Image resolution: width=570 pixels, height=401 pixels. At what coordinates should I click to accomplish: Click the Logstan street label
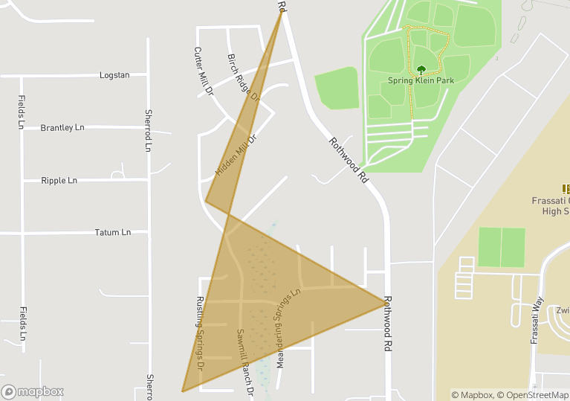point(114,75)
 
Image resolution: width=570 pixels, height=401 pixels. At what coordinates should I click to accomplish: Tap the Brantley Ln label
point(62,128)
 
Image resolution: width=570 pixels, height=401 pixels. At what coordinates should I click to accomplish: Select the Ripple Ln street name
point(59,181)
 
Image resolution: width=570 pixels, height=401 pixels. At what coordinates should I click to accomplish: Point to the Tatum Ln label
point(113,233)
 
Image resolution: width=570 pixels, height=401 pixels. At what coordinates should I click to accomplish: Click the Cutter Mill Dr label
point(203,72)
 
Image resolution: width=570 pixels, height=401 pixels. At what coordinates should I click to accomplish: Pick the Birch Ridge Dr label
point(243,77)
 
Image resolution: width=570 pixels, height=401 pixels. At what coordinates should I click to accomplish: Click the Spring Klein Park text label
point(421,80)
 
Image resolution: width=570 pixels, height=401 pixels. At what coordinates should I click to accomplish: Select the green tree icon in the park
point(421,70)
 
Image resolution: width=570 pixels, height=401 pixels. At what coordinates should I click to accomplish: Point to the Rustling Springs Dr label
point(200,334)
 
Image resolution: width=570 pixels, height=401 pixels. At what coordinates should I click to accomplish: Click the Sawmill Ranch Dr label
point(245,362)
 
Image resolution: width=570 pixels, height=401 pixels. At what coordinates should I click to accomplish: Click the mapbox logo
point(33,391)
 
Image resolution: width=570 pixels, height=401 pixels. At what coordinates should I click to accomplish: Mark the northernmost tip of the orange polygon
point(282,11)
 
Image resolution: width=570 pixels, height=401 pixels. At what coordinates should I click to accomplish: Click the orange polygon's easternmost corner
point(386,302)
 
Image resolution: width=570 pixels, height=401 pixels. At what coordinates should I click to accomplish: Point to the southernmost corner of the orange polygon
point(182,391)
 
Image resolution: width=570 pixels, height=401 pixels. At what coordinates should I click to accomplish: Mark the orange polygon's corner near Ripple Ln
point(206,201)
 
